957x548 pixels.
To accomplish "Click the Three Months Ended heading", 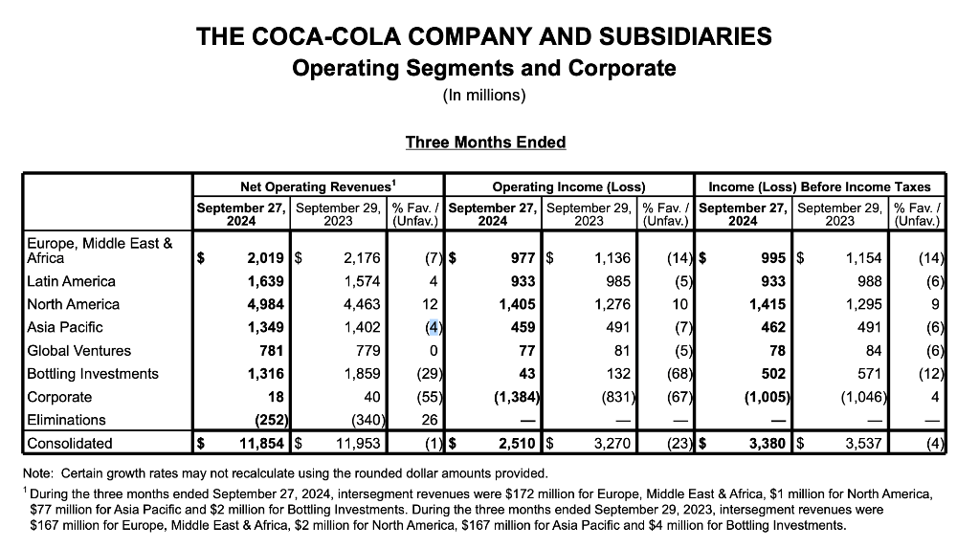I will coord(485,142).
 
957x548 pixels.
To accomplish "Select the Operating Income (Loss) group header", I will coord(568,186).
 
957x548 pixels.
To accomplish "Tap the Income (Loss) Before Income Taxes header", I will coord(820,186).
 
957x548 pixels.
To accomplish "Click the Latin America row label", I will coord(72,281).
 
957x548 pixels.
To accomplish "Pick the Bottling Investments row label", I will coord(93,374).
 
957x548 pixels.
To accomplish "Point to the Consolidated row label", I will coord(70,444).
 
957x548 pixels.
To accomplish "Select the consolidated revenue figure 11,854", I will coord(257,444).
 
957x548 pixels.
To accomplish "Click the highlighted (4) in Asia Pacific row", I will coord(432,327).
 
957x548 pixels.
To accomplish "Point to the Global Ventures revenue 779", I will coord(367,351).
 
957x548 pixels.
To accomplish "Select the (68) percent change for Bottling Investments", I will coord(677,374).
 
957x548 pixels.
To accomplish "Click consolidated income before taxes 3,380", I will coord(761,444).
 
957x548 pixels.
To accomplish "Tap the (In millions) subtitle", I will coord(484,96).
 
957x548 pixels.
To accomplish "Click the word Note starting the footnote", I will coord(40,473).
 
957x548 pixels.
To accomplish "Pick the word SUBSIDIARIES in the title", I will coord(683,37).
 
